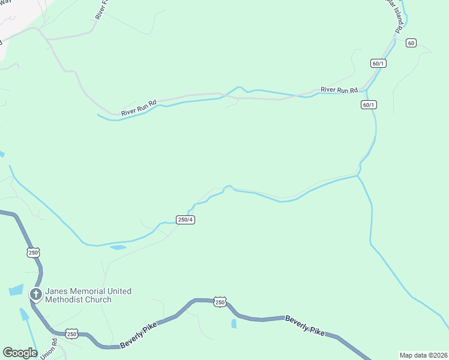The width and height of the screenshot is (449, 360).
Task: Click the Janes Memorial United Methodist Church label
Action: click(x=88, y=295)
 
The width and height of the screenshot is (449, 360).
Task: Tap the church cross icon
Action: click(x=36, y=294)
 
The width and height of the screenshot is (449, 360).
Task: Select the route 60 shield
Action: click(x=411, y=43)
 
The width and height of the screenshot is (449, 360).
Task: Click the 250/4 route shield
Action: click(x=185, y=220)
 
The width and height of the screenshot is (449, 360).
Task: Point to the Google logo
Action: click(x=20, y=353)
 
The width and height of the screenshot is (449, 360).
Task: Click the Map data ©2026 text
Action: click(x=423, y=355)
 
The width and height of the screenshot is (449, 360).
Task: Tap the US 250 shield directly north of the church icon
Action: click(x=33, y=253)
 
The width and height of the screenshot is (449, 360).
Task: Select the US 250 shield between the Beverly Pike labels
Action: click(x=220, y=302)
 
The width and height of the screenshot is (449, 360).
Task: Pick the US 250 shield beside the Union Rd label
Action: click(x=71, y=334)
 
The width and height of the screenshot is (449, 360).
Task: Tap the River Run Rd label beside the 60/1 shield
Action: click(x=339, y=90)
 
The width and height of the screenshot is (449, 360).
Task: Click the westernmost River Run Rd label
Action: click(x=139, y=107)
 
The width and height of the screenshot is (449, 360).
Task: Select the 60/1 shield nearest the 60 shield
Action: click(x=378, y=64)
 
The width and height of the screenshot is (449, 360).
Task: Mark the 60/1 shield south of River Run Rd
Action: click(x=369, y=104)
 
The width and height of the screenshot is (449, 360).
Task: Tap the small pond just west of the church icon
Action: click(x=16, y=290)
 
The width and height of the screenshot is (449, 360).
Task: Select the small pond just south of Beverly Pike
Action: click(x=234, y=324)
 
